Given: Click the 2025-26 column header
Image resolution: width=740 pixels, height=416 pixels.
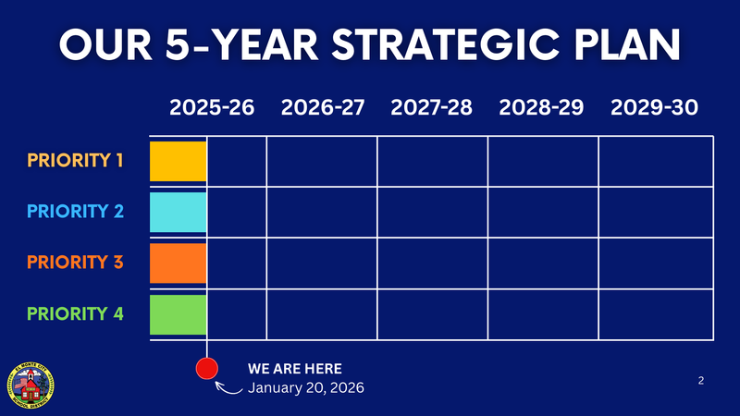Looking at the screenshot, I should click(x=212, y=107).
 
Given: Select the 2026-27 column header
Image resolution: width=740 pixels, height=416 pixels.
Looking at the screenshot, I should click(x=323, y=107).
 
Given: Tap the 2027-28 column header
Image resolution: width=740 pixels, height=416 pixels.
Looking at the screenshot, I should click(x=432, y=107).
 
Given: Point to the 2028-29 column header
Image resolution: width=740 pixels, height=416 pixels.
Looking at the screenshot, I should click(x=541, y=107).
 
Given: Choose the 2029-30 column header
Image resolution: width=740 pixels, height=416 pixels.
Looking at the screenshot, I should click(x=654, y=107).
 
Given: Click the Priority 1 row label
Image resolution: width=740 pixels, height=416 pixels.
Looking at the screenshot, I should click(x=75, y=161).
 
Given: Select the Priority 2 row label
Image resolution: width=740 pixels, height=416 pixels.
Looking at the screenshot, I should click(x=75, y=212).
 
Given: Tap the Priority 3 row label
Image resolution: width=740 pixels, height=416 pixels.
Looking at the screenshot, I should click(x=75, y=263).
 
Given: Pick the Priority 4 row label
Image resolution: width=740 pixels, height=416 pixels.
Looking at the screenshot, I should click(x=75, y=313).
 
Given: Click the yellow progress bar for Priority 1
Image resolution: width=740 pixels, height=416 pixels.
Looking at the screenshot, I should click(x=178, y=161).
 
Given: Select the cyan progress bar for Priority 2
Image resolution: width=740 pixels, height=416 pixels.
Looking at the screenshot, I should click(x=178, y=212).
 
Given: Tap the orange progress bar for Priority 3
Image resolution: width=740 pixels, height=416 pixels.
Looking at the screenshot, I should click(x=178, y=263).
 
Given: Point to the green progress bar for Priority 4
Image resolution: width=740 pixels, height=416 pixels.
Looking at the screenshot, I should click(x=178, y=313).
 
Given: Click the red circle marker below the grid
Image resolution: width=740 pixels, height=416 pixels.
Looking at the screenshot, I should click(x=207, y=369).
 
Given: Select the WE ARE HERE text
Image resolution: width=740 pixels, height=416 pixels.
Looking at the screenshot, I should click(x=294, y=369).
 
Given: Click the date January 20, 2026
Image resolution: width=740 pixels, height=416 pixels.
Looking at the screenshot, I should click(x=305, y=388).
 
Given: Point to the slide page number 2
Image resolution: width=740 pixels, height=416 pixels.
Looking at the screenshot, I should click(x=701, y=380).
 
